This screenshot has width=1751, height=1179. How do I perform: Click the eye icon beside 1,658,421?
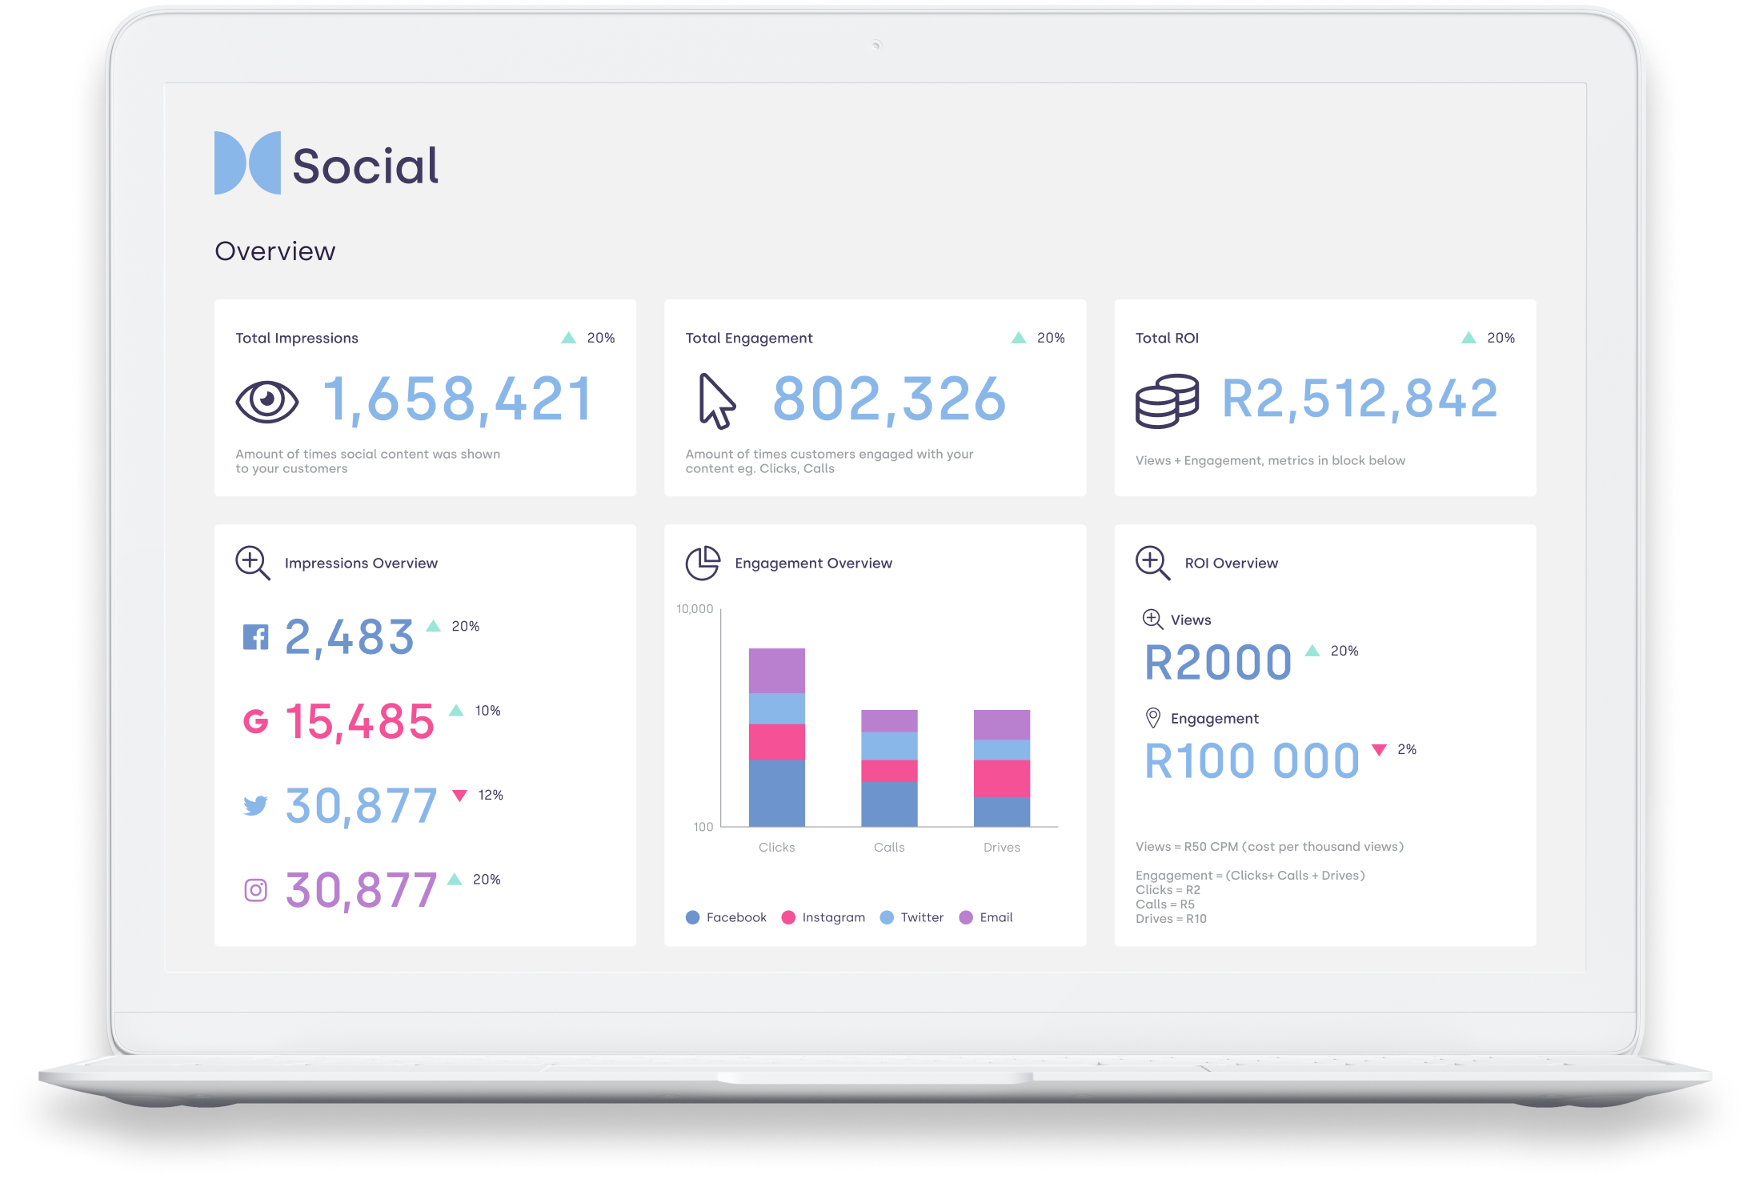pos(266,400)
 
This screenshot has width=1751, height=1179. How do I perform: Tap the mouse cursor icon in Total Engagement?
pos(716,400)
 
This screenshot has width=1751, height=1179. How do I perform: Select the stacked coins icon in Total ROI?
pos(1167,400)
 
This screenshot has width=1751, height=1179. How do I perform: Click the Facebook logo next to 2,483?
pos(255,637)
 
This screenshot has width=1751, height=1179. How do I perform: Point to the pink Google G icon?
pos(255,721)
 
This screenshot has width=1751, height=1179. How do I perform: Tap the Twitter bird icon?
pos(255,805)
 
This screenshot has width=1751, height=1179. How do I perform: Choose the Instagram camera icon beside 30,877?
pos(255,890)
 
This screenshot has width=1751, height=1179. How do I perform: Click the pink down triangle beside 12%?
pos(459,795)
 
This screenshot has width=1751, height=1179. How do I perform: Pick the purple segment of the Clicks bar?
pos(776,670)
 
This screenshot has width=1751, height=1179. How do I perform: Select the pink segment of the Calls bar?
pos(889,771)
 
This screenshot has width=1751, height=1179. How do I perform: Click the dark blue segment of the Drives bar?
pos(1001,811)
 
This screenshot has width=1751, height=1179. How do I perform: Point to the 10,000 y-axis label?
pos(695,609)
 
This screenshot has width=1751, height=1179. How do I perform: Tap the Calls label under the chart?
pos(889,847)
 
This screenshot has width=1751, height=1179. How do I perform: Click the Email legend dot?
pos(966,917)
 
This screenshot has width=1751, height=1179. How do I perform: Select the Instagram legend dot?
pos(788,917)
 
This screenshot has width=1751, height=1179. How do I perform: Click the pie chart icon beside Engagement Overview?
pos(703,563)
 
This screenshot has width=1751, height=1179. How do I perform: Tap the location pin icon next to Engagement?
pos(1152,718)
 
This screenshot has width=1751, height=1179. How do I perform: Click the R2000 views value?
pos(1218,663)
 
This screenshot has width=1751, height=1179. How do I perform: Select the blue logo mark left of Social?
pos(247,163)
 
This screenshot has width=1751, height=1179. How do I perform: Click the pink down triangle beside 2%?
pos(1379,749)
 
